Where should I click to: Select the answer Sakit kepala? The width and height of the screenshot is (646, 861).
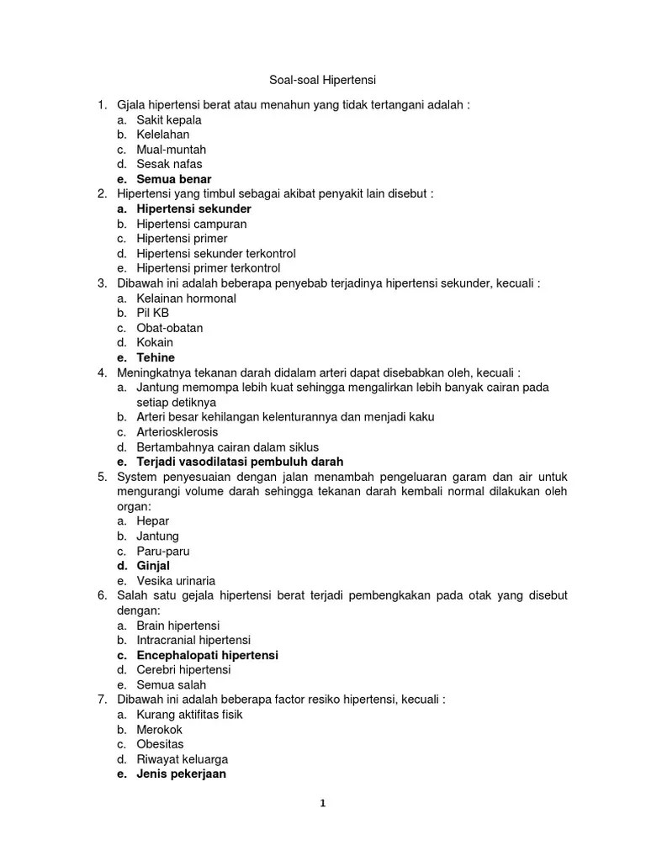click(169, 119)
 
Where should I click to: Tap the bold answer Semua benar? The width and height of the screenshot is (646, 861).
click(174, 179)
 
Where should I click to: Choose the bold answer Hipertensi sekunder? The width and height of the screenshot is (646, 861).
click(193, 209)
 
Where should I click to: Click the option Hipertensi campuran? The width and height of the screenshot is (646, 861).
click(192, 224)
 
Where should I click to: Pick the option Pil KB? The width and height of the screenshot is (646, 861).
click(153, 313)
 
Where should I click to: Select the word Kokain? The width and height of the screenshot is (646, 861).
click(155, 342)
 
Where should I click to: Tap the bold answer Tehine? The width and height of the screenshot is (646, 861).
click(156, 357)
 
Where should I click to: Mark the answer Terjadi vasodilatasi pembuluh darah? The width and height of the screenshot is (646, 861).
click(240, 462)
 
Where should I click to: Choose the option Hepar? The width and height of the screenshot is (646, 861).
click(153, 521)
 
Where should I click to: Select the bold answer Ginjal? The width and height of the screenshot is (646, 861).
click(153, 566)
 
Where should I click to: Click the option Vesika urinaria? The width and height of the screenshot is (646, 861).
click(176, 581)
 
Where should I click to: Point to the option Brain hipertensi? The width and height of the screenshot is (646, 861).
click(178, 626)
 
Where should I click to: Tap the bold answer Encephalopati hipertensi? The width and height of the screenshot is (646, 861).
click(207, 655)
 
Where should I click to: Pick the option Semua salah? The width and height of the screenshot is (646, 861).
click(171, 685)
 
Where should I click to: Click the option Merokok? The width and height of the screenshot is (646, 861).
click(159, 730)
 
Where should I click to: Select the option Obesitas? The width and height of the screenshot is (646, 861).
click(160, 744)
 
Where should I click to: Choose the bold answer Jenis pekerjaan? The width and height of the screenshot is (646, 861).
click(181, 774)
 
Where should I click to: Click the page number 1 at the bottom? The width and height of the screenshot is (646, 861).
click(322, 803)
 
